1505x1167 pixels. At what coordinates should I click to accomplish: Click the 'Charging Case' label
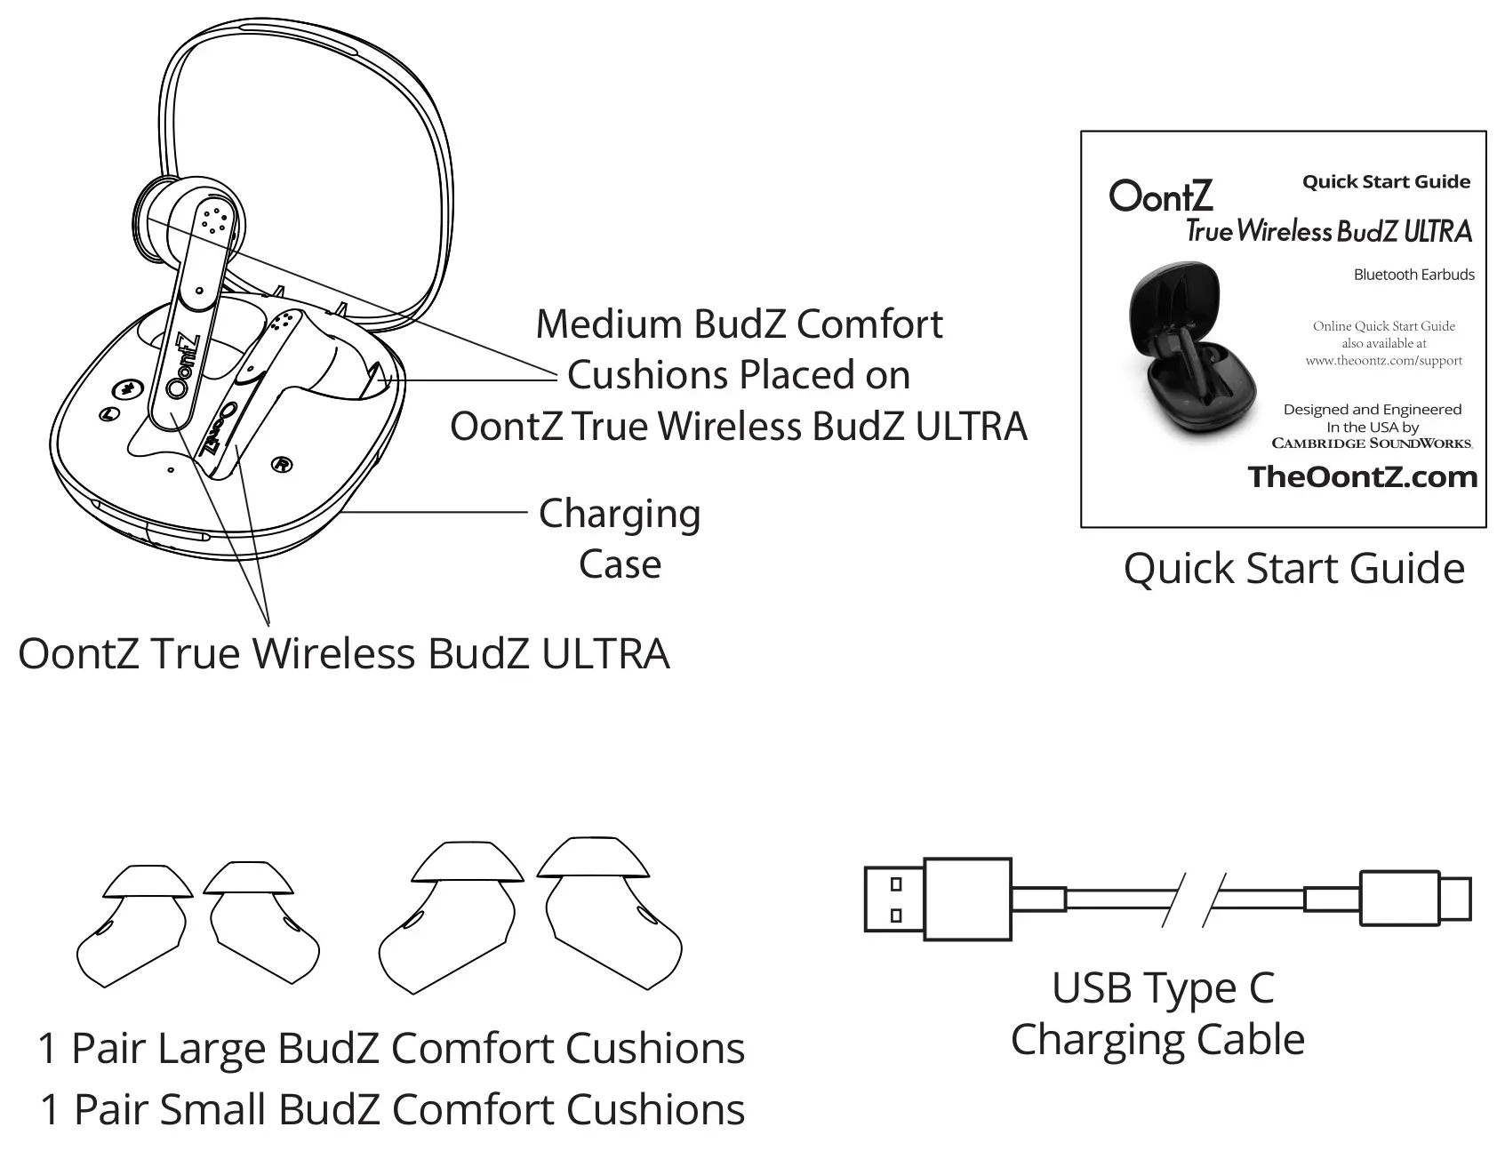click(620, 539)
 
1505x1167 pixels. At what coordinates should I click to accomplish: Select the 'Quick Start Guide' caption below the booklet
click(1293, 569)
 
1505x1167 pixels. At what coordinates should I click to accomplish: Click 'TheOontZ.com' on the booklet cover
click(1362, 477)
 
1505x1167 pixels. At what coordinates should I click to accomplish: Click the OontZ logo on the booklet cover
click(1160, 196)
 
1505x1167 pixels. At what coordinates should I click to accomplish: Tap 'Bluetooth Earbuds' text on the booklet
click(1413, 275)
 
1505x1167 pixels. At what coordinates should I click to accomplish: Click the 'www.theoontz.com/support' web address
click(1383, 361)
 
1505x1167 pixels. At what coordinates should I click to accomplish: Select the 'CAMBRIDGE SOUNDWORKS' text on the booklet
click(1372, 443)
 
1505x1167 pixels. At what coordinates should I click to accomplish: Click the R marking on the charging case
click(282, 464)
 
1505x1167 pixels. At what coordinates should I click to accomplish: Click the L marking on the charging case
click(109, 413)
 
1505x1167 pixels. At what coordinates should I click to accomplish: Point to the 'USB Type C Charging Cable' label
click(1158, 1013)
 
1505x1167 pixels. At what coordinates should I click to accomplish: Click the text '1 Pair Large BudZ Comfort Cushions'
click(391, 1049)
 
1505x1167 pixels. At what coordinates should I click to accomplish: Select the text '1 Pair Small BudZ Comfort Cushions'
click(392, 1110)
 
